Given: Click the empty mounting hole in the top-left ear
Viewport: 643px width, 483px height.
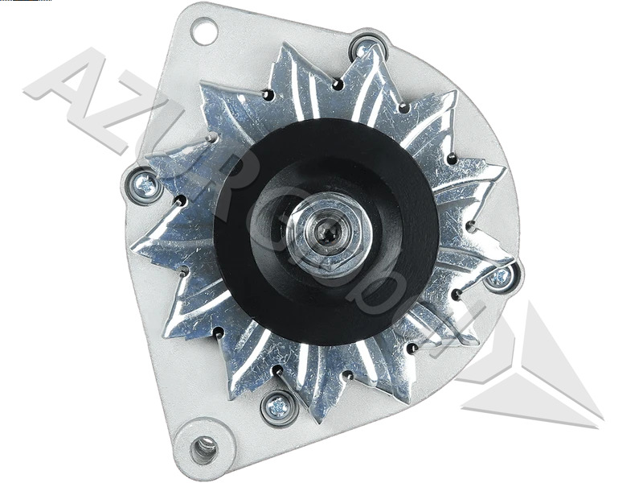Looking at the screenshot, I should [203, 32].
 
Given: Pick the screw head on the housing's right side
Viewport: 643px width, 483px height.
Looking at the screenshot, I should [499, 278].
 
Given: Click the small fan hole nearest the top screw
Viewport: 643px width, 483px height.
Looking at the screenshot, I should [338, 84].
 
